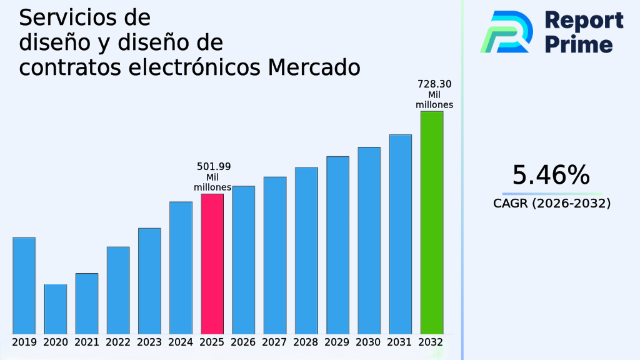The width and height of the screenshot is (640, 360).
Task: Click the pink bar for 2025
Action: point(212,263)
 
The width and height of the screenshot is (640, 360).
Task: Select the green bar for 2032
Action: point(432,222)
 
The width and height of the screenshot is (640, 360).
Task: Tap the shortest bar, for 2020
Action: point(55,309)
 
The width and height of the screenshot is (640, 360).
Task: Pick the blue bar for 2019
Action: point(24,285)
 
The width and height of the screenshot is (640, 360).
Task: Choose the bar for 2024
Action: point(181,267)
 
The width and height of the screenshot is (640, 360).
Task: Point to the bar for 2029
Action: point(337,244)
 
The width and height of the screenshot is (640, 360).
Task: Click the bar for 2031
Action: point(401,234)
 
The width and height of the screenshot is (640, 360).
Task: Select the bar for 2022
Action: point(118,290)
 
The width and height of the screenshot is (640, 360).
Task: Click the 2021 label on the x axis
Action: point(87,342)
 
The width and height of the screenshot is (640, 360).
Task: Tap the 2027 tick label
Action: point(275,342)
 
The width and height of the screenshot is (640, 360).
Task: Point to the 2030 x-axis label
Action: point(369,342)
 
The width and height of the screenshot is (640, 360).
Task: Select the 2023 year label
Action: point(149,342)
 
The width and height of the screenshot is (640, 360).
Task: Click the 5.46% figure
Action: point(551,176)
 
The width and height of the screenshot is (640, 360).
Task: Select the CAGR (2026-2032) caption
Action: point(551,203)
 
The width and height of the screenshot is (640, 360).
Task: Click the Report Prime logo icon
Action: point(506,31)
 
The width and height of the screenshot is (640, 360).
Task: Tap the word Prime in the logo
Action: point(579,44)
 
